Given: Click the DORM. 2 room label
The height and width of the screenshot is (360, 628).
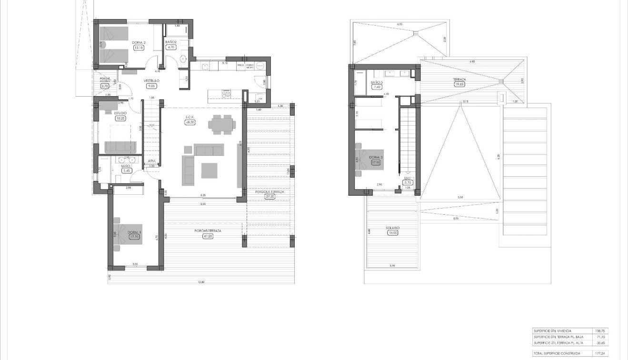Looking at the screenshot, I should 139,43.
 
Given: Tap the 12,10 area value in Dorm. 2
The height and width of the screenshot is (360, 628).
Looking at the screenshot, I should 139,48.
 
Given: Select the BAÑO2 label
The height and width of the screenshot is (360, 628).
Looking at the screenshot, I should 171,42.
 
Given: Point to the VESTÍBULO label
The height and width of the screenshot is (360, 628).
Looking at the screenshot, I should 152,81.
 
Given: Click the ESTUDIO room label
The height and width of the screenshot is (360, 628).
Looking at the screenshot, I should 120,113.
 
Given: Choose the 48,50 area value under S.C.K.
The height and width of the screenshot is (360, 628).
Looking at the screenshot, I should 190,122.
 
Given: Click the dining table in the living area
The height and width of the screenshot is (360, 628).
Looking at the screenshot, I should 221,123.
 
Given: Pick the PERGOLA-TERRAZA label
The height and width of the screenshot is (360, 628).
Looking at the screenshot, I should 269,191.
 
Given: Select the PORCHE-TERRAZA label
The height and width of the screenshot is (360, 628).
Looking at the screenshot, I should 208,231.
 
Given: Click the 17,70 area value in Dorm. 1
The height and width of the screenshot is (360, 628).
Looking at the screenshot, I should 134,237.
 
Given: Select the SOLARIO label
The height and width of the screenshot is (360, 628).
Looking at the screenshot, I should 393,228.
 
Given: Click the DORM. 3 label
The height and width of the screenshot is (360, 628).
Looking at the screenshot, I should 376,158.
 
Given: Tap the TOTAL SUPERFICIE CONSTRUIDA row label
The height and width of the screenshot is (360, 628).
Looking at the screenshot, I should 557,353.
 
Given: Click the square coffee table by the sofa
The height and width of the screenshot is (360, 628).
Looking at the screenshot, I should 209,170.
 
